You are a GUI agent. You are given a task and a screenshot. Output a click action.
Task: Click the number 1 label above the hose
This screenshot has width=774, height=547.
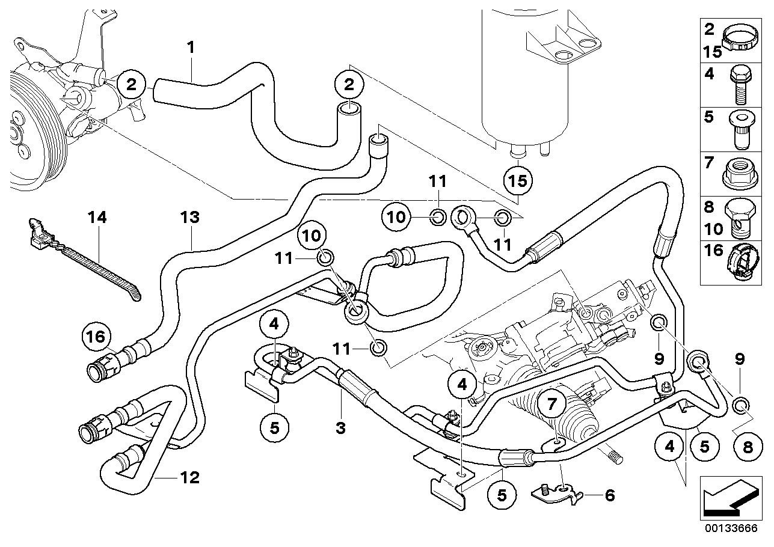191,48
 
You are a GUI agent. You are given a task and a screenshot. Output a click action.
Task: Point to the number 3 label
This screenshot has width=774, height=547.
340,428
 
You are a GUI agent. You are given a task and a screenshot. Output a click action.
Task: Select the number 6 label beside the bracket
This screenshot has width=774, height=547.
610,495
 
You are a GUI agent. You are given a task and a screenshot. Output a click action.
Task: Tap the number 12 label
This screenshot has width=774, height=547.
190,478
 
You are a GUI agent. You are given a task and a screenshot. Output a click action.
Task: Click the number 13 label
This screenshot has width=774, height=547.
190,217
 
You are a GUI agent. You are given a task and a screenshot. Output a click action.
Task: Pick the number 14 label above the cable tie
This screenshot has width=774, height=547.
97,217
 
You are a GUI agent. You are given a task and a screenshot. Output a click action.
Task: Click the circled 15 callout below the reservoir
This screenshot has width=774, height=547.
518,181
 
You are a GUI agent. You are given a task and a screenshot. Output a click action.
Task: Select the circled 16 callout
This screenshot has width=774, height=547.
96,337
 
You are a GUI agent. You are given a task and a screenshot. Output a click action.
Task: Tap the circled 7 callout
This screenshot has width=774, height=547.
552,403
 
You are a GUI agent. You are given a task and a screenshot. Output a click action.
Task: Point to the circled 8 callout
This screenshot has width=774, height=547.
748,447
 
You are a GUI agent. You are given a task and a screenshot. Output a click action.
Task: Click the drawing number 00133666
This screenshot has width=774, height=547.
731,528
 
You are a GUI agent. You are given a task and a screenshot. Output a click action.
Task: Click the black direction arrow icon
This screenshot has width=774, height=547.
731,499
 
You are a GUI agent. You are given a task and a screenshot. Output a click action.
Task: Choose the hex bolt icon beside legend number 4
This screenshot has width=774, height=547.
740,85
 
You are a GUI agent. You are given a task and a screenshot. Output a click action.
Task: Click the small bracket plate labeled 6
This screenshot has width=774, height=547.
557,495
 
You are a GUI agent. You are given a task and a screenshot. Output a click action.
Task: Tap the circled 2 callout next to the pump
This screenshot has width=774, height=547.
131,85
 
